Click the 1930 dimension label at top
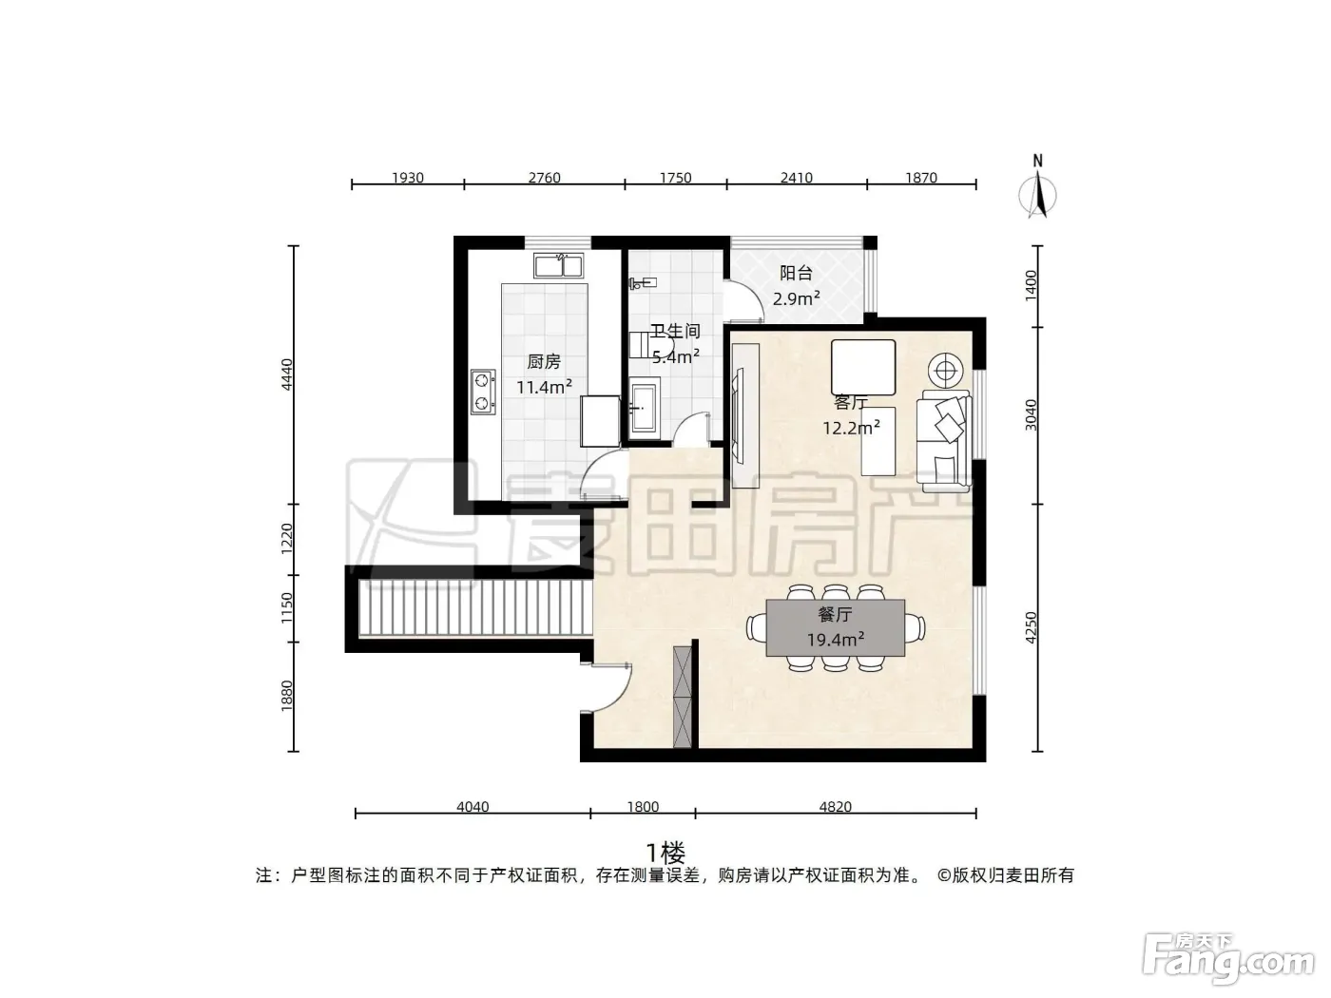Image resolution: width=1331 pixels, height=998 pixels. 408,178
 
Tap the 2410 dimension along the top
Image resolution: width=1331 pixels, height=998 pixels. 796,178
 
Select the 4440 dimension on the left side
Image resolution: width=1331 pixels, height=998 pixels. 287,374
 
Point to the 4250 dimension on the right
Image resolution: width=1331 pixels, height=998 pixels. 1031,627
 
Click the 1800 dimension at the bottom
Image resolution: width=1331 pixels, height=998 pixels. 643,807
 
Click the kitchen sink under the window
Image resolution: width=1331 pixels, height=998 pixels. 558,265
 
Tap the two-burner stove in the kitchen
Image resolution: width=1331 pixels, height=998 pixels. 483,392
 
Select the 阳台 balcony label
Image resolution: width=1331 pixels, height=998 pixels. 796,274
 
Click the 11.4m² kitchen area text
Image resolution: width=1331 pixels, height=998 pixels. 544,387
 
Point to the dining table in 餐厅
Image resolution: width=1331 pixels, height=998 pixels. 835,627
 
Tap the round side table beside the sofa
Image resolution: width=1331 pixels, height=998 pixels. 945,370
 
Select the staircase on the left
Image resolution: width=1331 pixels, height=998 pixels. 475,607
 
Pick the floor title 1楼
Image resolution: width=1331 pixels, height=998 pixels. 665,854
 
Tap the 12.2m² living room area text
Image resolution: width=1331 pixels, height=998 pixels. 851,428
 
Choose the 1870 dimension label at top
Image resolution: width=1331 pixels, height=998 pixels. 921,178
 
